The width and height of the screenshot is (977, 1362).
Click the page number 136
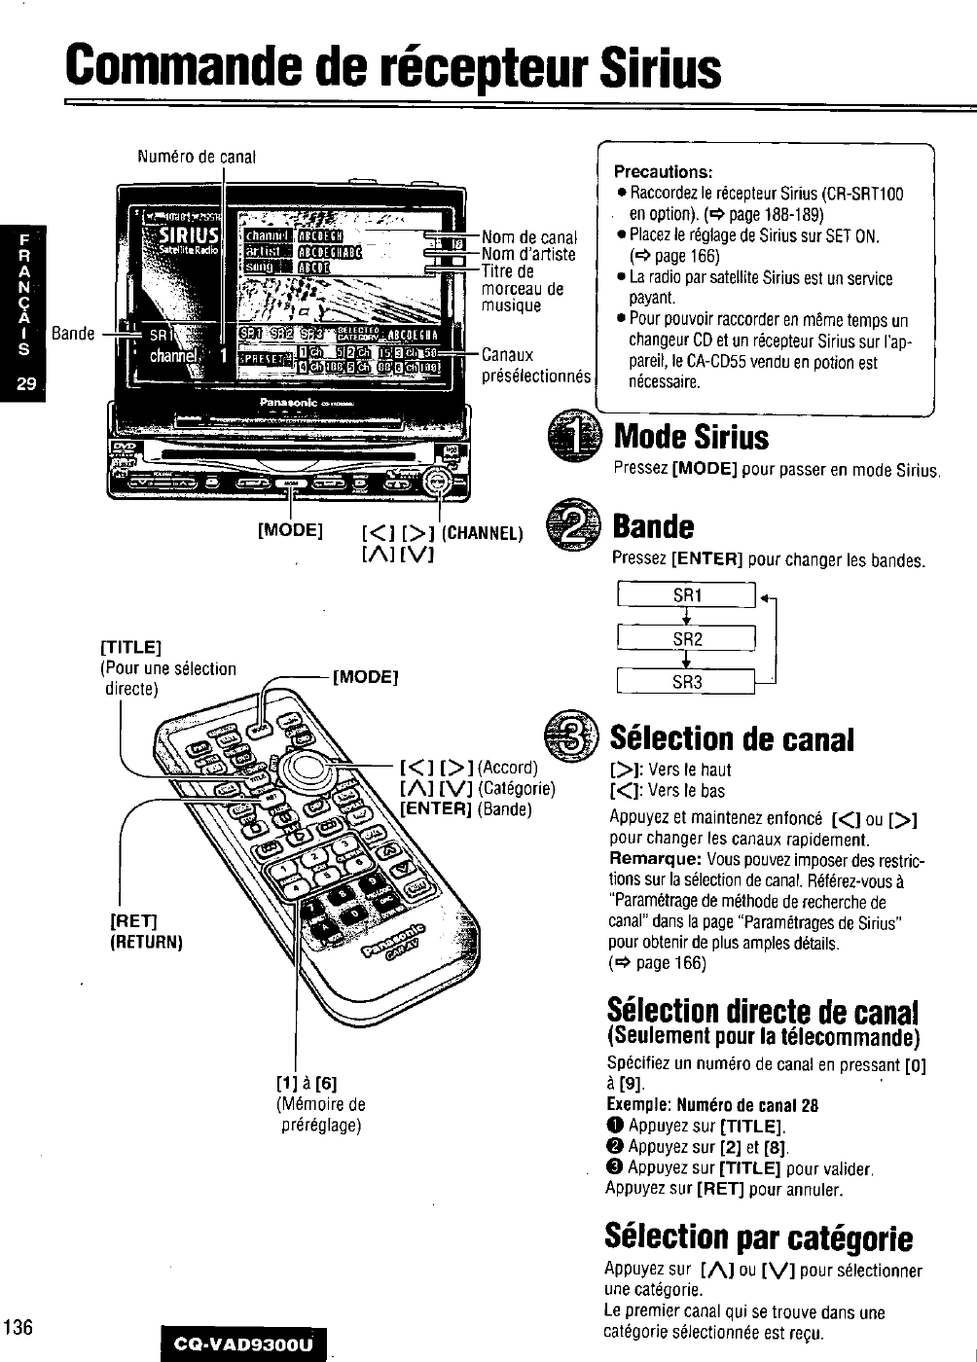click(x=18, y=1327)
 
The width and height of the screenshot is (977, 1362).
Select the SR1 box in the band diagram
click(x=687, y=594)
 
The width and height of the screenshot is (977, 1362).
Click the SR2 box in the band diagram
click(x=687, y=639)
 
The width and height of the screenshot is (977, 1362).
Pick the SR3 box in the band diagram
click(x=687, y=682)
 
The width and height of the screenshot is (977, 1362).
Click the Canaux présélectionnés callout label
click(x=536, y=365)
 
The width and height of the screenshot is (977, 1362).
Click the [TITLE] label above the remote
click(x=130, y=648)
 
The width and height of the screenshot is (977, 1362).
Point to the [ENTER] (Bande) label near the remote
click(x=466, y=808)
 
